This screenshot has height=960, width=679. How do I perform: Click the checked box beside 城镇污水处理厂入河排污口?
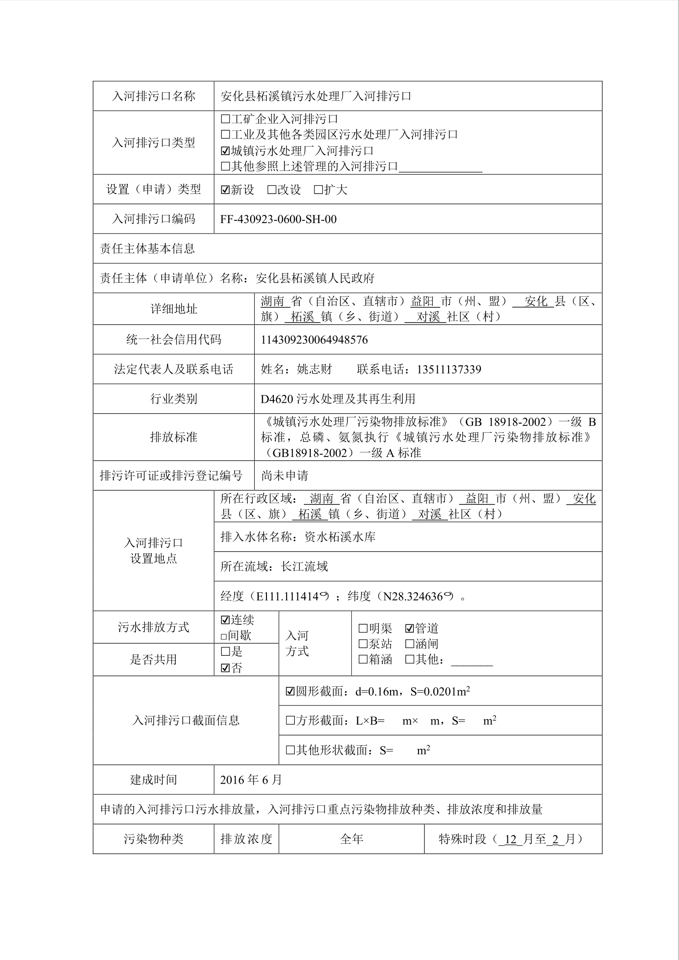pos(225,151)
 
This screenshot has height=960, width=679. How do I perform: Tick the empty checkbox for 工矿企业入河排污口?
pos(225,119)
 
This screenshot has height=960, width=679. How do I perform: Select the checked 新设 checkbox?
pos(225,190)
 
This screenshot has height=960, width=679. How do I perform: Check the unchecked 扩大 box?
pos(319,190)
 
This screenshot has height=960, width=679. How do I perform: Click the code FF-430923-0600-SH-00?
pos(278,219)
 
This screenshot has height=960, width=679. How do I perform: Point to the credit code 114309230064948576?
pos(314,340)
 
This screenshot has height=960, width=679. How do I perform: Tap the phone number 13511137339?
pos(449,369)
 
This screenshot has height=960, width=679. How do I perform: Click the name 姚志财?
pos(314,369)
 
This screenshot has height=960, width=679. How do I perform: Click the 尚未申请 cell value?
pos(285,476)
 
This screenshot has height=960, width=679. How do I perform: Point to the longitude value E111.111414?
pos(287,597)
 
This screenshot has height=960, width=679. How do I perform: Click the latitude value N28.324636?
pos(413,597)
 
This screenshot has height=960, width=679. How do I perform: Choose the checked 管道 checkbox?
pos(409,628)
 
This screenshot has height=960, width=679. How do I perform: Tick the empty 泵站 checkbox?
pos(363,644)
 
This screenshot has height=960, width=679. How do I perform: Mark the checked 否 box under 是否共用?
pos(225,668)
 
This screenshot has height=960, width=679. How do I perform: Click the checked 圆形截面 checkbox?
pos(290,692)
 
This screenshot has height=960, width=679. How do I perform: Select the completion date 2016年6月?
pos(251,780)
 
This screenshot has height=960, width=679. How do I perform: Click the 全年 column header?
pos(351,839)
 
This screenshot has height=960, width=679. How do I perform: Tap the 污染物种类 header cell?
pos(153,839)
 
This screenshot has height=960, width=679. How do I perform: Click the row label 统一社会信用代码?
pos(173,340)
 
